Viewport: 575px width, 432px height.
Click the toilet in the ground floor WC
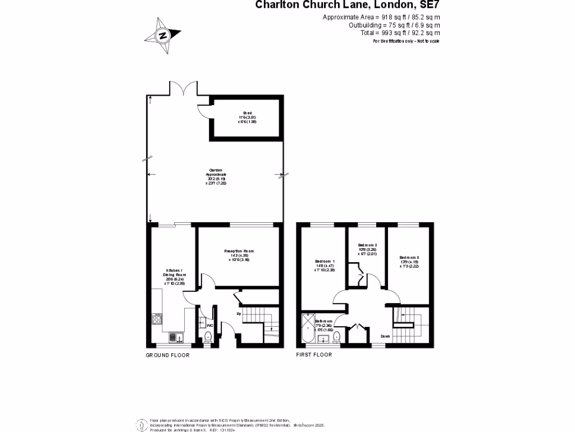point(208,337)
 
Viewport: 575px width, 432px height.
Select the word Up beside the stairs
point(238,313)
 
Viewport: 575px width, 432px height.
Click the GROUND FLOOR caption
point(168,355)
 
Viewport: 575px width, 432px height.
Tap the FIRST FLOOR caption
point(314,355)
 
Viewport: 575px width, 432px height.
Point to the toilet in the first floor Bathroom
point(337,336)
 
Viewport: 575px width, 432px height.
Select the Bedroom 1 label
point(325,265)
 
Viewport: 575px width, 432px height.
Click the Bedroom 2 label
point(367,249)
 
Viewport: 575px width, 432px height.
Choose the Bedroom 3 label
point(409,262)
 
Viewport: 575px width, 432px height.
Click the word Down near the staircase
point(385,336)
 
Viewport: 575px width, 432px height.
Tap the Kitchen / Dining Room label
point(172,275)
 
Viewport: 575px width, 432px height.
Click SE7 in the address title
point(428,5)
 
